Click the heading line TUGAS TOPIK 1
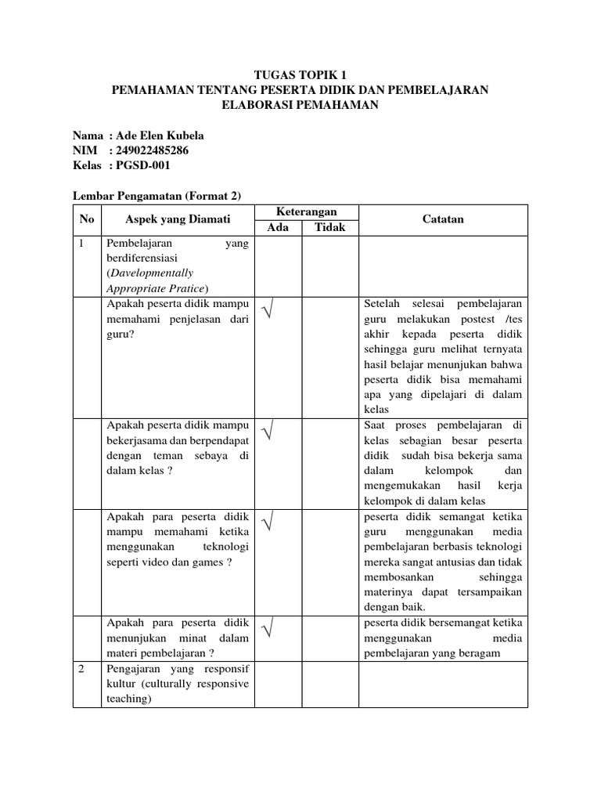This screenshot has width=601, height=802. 300,75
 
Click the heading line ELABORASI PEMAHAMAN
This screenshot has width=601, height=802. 300,105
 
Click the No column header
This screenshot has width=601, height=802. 86,219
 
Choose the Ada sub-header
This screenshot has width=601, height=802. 279,227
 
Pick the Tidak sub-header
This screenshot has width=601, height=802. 329,227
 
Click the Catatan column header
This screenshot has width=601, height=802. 442,219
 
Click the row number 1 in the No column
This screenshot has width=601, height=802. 81,244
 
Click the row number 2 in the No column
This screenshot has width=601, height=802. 81,670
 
